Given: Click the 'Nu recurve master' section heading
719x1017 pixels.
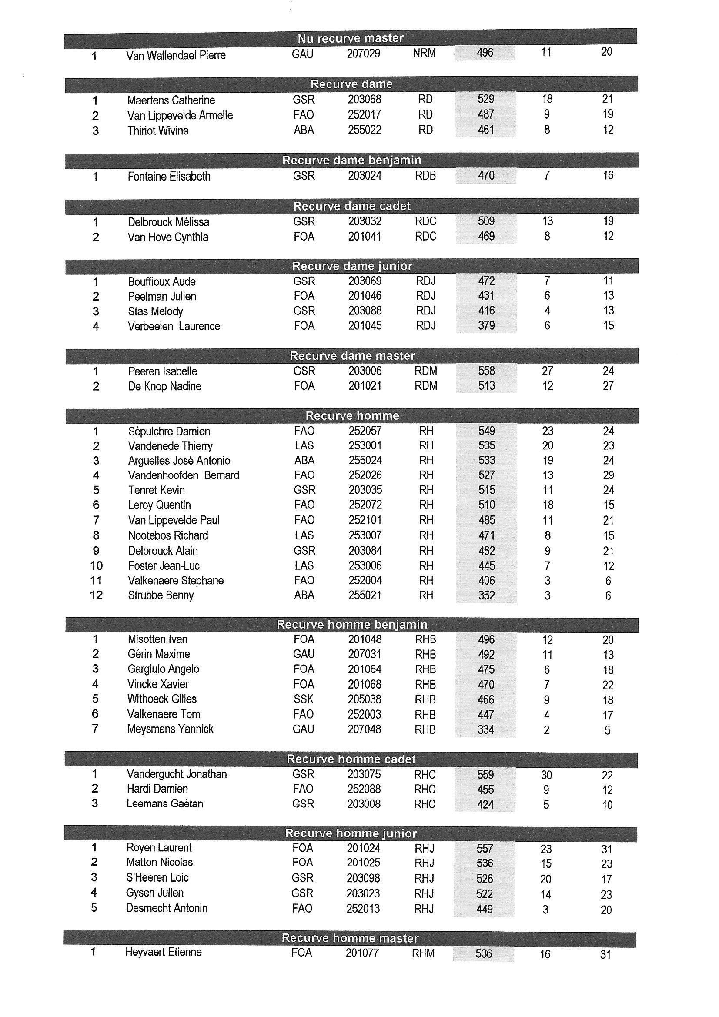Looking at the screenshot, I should tap(351, 39).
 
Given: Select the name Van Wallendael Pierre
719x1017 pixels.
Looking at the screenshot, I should tap(176, 55).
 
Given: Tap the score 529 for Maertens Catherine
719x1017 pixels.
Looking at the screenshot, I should tap(485, 99).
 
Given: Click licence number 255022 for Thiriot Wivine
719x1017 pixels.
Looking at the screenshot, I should tap(364, 130).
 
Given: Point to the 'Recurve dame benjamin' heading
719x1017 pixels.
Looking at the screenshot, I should tap(352, 161).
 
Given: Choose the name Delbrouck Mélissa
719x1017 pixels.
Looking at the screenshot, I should tap(168, 222).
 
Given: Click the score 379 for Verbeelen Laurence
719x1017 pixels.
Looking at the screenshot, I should tap(486, 326).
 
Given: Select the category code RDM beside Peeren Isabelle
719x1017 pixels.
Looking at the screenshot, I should tap(425, 371).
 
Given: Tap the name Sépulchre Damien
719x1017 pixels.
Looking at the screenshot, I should tap(169, 432).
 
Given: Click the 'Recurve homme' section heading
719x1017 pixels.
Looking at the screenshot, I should tap(352, 416).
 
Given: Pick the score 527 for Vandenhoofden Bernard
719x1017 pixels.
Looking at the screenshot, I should tap(486, 475).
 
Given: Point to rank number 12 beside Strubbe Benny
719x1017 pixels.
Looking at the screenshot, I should tap(96, 595).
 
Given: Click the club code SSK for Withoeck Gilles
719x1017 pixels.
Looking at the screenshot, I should tap(304, 699).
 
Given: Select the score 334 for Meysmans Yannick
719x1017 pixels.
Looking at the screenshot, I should tap(485, 729).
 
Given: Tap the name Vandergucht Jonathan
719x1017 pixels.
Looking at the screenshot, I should tap(177, 774).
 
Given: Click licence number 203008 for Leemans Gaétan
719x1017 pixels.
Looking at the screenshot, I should tap(364, 804).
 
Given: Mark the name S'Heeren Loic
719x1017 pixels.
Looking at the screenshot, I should tap(157, 877).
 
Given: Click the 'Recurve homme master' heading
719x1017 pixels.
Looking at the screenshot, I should tap(350, 938).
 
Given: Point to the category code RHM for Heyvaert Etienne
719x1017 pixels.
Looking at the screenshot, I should tap(423, 953).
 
